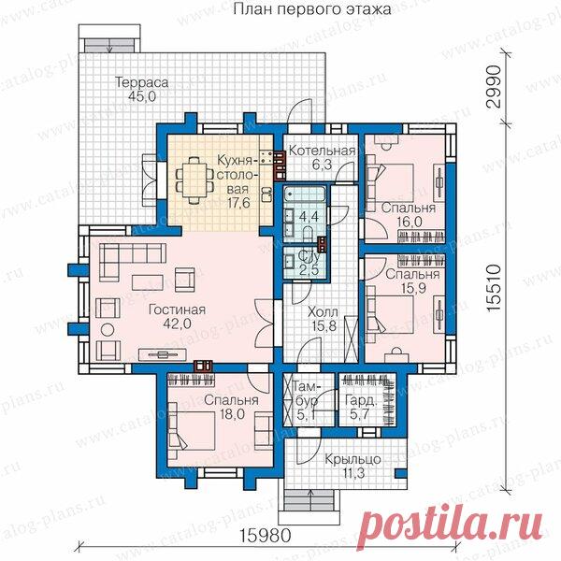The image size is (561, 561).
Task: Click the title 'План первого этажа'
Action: click(x=312, y=9)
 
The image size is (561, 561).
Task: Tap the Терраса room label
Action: click(x=142, y=82)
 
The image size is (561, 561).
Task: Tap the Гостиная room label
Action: click(x=177, y=309)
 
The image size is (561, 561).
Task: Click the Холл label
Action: click(x=323, y=312)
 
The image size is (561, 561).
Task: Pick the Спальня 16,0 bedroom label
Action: click(x=409, y=215)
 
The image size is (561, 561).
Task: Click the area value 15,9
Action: click(x=413, y=288)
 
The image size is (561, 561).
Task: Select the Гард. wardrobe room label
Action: click(x=361, y=401)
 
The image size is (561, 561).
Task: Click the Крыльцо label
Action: click(x=352, y=459)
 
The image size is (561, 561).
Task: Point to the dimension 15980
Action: click(x=266, y=536)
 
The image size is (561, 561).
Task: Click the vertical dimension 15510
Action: click(x=493, y=288)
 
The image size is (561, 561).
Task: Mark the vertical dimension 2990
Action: click(x=493, y=86)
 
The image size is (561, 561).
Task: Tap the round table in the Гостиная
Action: click(x=108, y=329)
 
